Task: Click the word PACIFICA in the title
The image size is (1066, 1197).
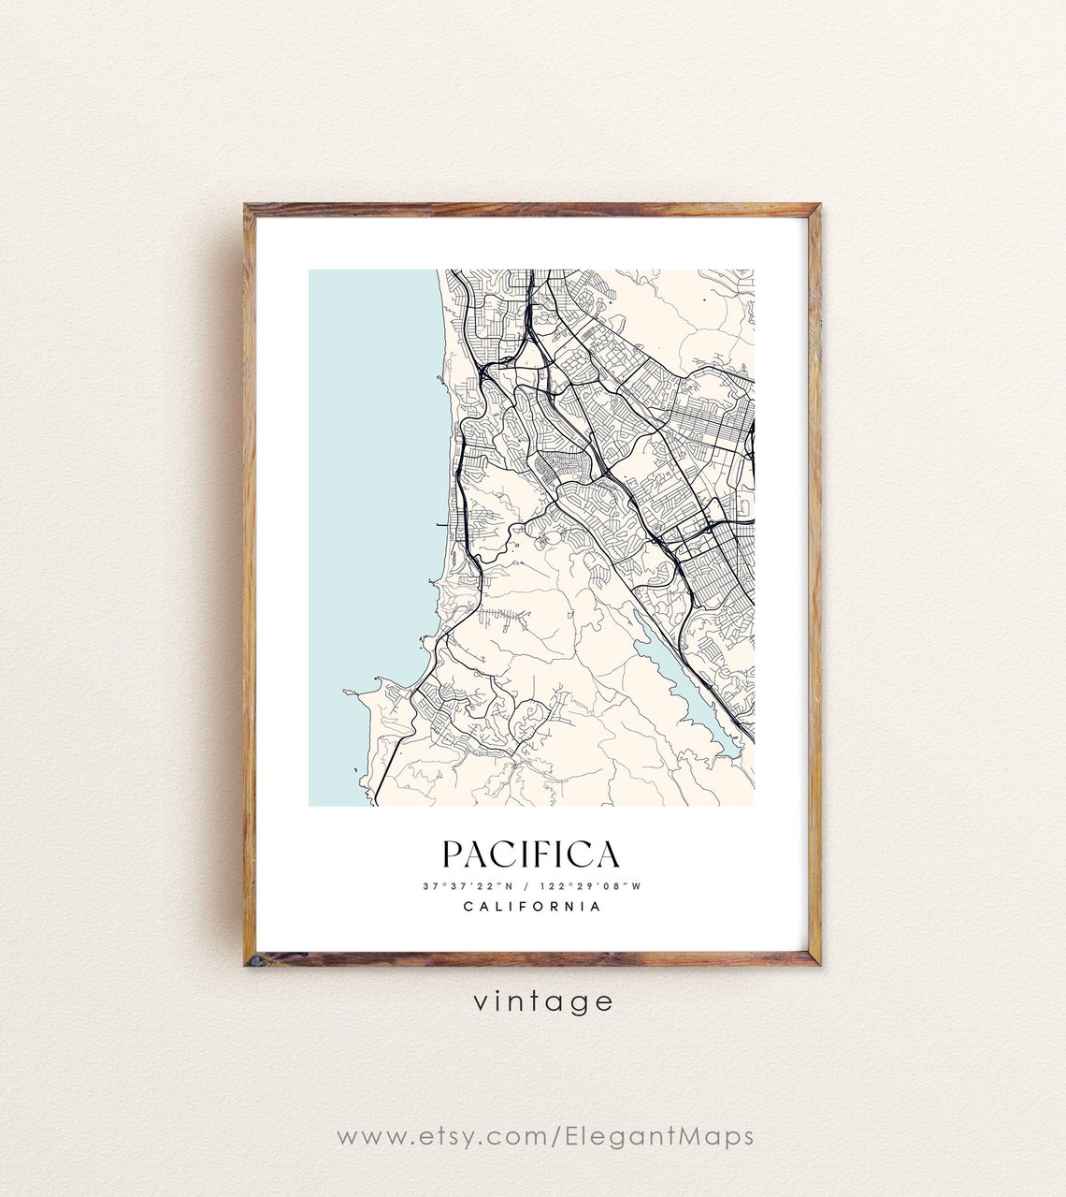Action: pyautogui.click(x=530, y=854)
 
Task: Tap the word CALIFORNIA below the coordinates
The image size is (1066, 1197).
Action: pyautogui.click(x=532, y=906)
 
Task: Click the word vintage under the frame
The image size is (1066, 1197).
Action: pyautogui.click(x=542, y=1001)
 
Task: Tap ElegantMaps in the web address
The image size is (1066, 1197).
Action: pyautogui.click(x=659, y=1136)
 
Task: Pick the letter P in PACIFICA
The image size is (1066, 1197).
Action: pyautogui.click(x=453, y=854)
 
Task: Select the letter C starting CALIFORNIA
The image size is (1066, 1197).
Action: pyautogui.click(x=468, y=906)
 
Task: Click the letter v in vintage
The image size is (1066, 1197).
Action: pyautogui.click(x=480, y=1002)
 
